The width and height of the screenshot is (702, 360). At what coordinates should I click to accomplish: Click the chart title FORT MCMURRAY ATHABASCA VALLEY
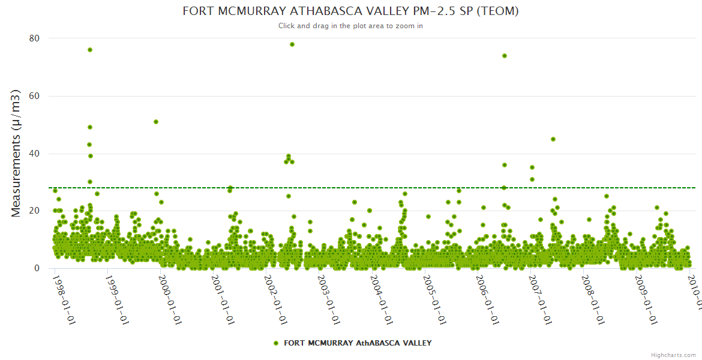coord(350,11)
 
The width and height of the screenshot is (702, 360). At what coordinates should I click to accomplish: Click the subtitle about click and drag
coord(350,26)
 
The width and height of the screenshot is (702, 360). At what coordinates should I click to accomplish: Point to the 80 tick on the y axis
coord(34,38)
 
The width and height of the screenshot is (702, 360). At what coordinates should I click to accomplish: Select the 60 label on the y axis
coord(34,96)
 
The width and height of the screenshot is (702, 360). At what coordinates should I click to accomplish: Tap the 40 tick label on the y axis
coord(34,154)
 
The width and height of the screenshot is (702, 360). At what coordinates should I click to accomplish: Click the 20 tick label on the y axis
coord(34,211)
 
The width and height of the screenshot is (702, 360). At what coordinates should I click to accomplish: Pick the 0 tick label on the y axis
coord(37,268)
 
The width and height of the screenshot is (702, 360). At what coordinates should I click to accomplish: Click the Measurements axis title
coord(16,153)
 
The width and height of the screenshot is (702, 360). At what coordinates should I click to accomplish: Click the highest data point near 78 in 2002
coord(292,44)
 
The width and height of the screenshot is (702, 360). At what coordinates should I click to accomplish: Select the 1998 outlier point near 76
coord(90,50)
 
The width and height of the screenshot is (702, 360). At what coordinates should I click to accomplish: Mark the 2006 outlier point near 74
coord(505,56)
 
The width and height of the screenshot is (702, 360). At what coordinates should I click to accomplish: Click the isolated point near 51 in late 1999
coord(156,122)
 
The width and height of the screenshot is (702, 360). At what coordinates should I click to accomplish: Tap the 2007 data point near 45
coord(553,139)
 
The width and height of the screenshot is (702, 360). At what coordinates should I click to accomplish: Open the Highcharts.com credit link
coord(673,355)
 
